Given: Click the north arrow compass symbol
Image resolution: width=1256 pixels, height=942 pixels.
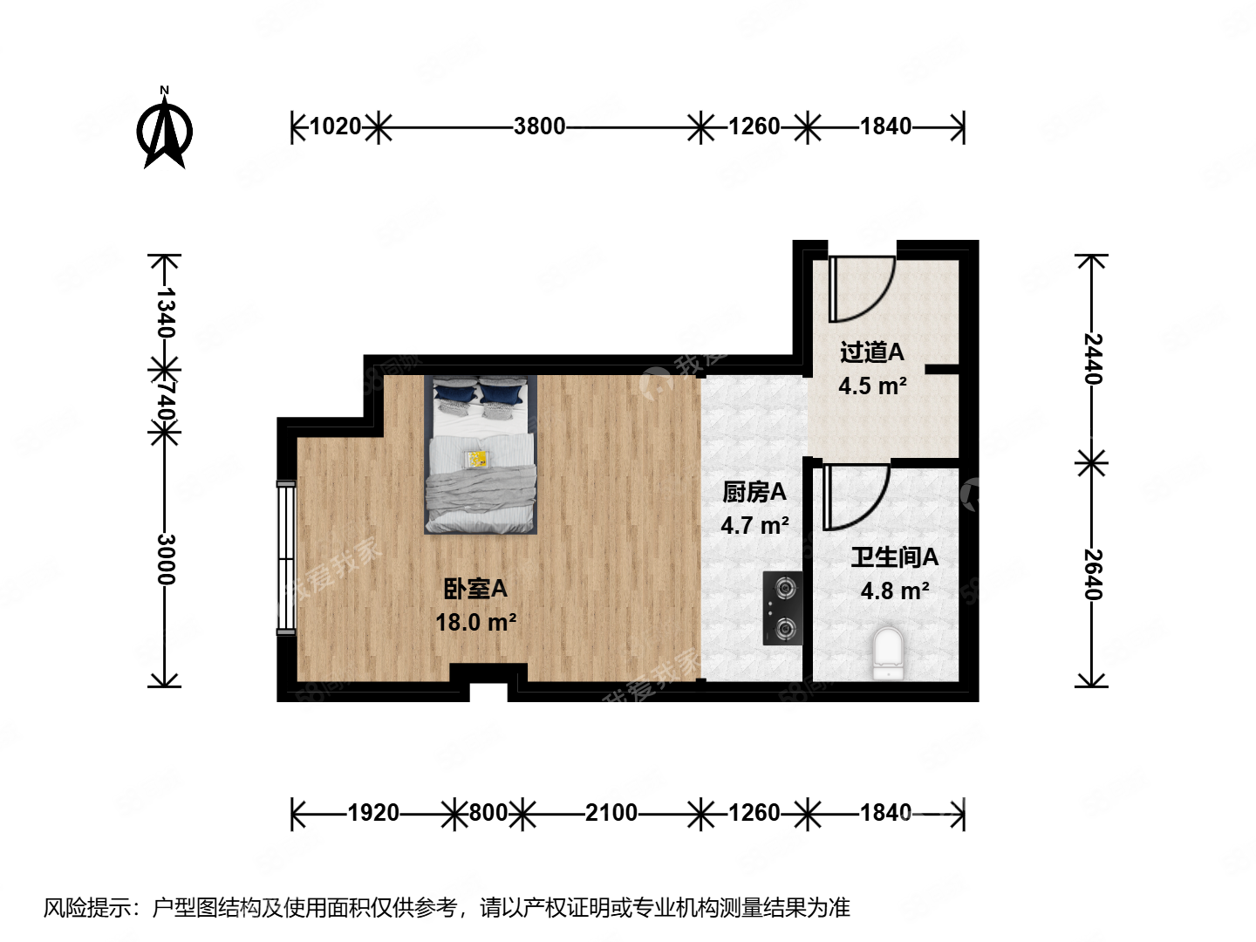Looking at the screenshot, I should [165, 132].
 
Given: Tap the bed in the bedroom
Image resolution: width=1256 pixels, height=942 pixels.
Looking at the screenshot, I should [481, 454].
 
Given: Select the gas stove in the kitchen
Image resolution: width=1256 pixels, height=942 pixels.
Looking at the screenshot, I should [782, 608].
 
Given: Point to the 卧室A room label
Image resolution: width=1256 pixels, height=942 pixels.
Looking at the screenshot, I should [475, 590].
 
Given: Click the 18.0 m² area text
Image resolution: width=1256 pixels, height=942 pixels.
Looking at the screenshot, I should [475, 622].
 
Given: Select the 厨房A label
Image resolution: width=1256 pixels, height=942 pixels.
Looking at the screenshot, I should [754, 493].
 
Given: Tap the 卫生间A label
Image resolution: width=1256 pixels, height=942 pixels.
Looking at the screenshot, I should [894, 557].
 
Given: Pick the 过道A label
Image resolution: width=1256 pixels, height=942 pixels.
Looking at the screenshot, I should [871, 352].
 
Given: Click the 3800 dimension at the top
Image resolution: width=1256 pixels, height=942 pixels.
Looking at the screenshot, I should [539, 126].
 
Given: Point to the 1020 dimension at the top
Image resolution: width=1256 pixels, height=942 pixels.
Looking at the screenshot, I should [335, 126].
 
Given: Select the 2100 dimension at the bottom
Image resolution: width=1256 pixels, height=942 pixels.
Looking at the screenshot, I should [611, 813].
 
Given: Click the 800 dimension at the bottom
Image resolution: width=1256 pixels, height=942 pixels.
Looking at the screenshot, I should [488, 813].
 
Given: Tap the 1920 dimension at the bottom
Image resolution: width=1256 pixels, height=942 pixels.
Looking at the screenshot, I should [373, 813].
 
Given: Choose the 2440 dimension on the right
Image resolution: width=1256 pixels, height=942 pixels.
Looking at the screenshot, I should [1093, 358].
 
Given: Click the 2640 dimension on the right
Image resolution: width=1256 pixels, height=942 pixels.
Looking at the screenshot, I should [1093, 574].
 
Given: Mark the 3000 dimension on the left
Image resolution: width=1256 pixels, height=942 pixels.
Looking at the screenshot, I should [166, 559].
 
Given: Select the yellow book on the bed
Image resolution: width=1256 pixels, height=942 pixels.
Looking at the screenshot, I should [477, 459].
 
